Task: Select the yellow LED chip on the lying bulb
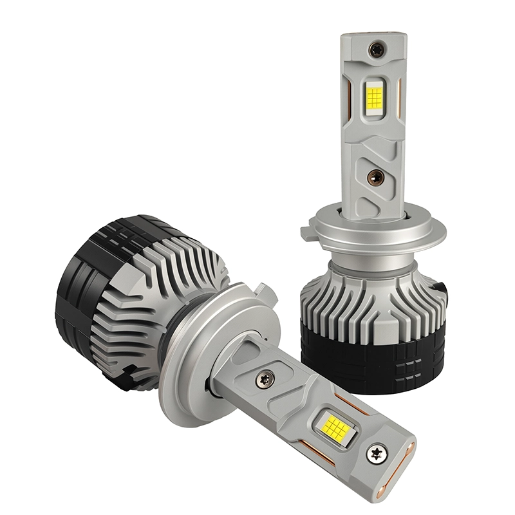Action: click(335, 425)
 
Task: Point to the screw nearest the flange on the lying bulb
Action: click(265, 380)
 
